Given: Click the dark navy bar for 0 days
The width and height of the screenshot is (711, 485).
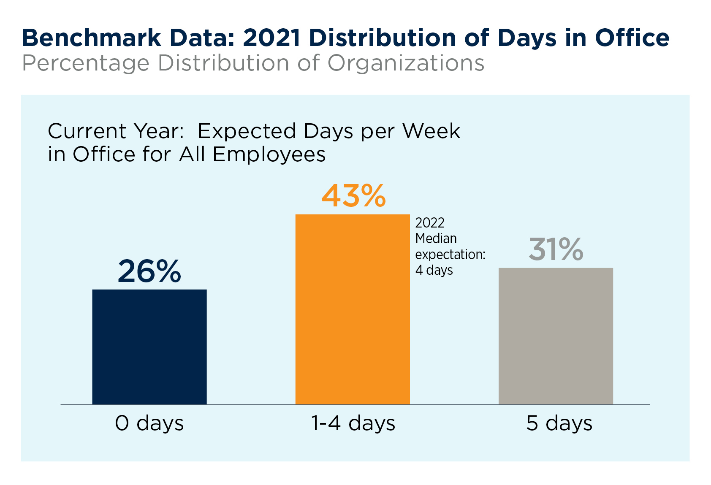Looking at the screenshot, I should (149, 347).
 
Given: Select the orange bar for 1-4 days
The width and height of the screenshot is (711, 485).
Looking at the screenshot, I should (353, 309).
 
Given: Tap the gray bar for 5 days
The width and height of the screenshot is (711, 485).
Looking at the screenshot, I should (556, 336).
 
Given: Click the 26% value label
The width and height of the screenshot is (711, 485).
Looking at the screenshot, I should (149, 271).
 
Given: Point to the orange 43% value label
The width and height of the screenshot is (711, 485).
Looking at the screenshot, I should (354, 196).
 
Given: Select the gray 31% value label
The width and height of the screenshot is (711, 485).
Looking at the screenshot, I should (556, 249).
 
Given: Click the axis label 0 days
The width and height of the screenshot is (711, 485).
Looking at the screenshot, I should (149, 423).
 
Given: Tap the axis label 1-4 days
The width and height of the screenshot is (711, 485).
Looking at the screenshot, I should (353, 423).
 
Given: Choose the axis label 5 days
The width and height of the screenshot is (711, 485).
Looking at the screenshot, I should (559, 423).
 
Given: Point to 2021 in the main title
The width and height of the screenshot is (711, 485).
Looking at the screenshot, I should (272, 38).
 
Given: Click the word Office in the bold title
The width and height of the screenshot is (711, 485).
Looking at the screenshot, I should (632, 38).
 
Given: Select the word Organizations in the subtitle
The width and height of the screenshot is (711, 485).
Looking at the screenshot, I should (406, 63).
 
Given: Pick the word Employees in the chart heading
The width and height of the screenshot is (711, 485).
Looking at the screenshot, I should (269, 154).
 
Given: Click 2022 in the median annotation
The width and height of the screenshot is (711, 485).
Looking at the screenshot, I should (430, 223).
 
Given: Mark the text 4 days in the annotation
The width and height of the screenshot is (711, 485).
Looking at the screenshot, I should (434, 270).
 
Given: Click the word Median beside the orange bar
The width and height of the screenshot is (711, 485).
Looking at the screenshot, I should (436, 238).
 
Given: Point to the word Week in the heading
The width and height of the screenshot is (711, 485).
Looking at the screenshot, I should (431, 131).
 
